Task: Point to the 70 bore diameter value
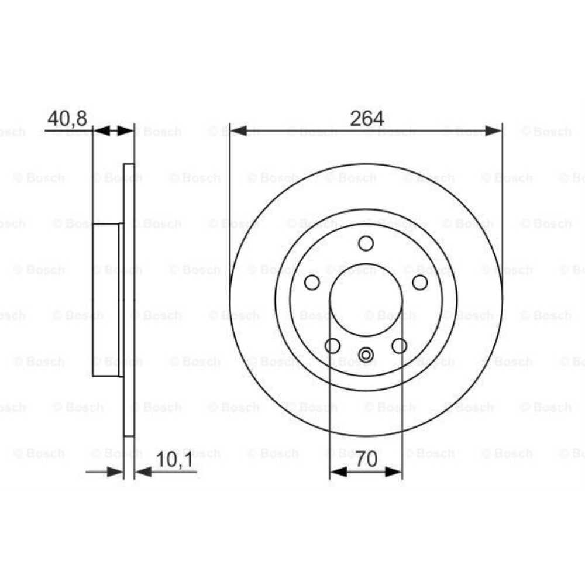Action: [366, 460]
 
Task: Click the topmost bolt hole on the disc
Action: [366, 243]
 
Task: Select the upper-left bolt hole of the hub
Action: [312, 283]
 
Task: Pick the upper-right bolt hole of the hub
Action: [420, 283]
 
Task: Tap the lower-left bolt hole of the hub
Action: [333, 346]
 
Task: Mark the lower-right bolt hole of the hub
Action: [400, 346]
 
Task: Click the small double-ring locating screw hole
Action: [366, 354]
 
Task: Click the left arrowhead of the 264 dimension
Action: [238, 130]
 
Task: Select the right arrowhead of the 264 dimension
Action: [494, 130]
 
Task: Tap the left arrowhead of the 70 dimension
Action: [338, 472]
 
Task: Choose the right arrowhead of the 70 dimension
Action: [394, 472]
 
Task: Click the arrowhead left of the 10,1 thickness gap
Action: [115, 472]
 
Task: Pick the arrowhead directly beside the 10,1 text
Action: [143, 472]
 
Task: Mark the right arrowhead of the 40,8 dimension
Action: [126, 130]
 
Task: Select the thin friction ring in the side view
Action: [129, 300]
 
